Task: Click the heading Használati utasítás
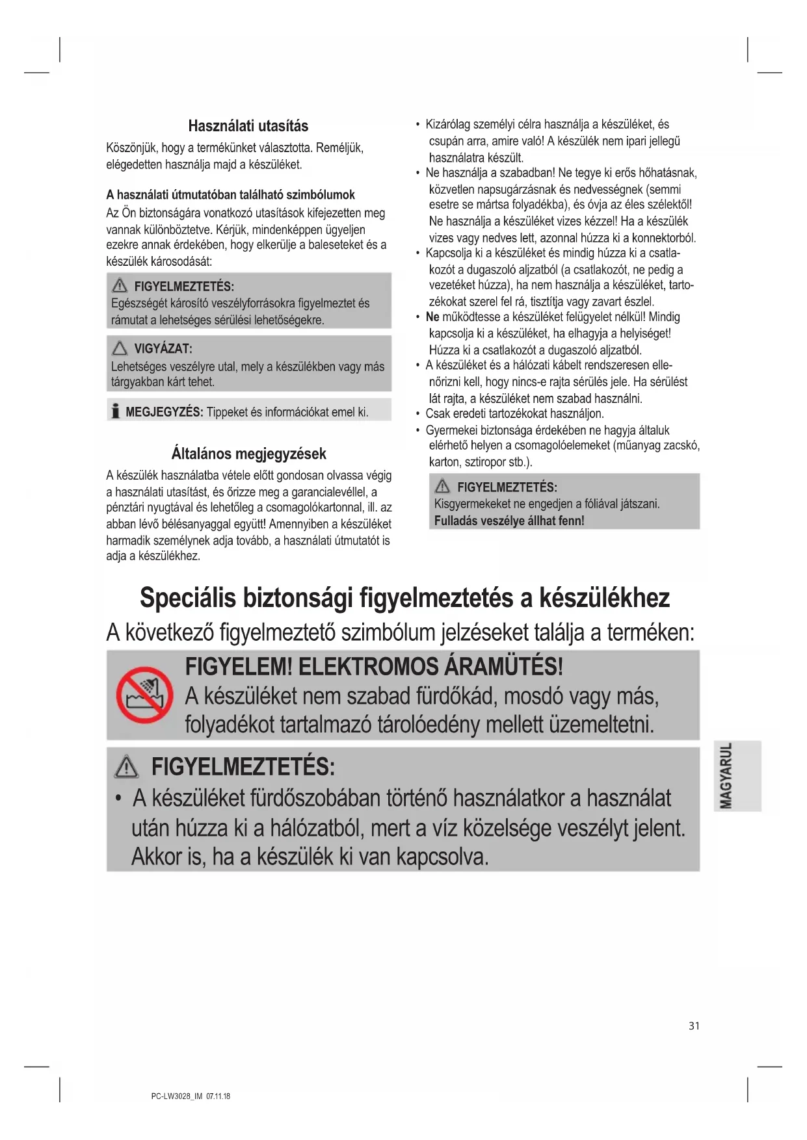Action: coord(248,125)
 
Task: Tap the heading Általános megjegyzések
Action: coord(248,453)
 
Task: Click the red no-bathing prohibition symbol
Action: coord(144,694)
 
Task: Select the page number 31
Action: coord(694,1026)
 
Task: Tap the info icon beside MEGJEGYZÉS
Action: coord(115,411)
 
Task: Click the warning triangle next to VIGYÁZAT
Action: coord(120,348)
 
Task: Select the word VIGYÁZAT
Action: coord(163,349)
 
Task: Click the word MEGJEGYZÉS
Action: coord(164,412)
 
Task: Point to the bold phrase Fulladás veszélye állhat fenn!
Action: coord(509,521)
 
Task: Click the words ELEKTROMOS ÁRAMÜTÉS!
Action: coord(430,666)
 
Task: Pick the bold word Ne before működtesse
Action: coord(432,317)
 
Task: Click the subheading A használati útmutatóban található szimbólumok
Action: coord(230,194)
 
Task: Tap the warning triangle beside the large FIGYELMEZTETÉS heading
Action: coord(126,768)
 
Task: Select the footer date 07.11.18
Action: coord(218,1096)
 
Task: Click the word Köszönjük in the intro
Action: coord(132,148)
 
